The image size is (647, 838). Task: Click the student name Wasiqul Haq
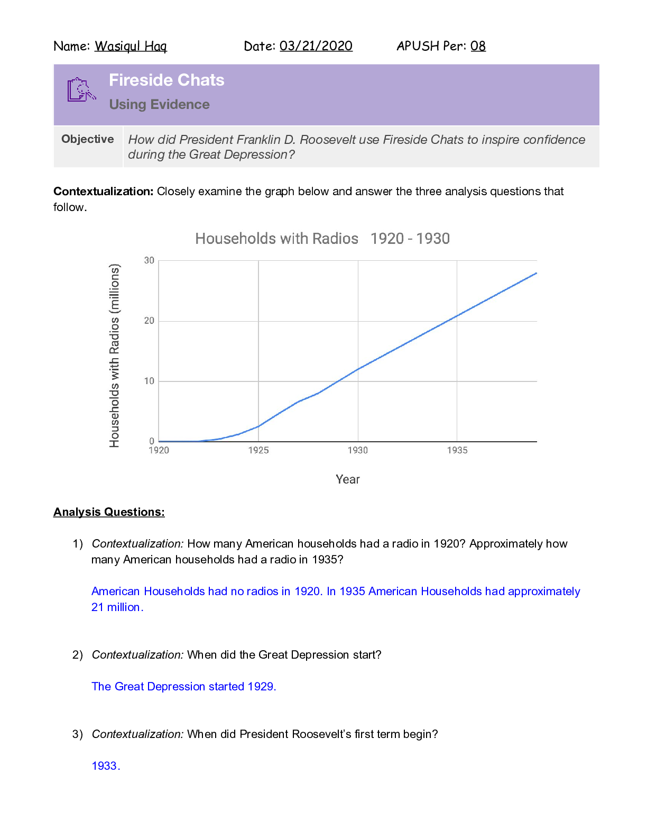(x=131, y=47)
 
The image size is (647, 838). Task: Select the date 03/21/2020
(x=316, y=47)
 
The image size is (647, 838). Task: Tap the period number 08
(x=478, y=47)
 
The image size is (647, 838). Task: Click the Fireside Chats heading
(x=167, y=80)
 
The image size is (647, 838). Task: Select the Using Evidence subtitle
(x=159, y=105)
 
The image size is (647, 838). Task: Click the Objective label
(x=88, y=139)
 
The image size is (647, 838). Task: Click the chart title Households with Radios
(x=276, y=239)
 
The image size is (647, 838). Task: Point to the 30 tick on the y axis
(x=150, y=260)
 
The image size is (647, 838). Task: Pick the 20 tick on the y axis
(x=150, y=321)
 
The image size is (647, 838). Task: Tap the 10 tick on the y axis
(x=150, y=381)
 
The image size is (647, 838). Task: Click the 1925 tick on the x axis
(x=258, y=450)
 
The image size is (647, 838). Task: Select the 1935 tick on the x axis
(x=457, y=450)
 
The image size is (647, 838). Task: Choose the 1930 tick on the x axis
(x=358, y=450)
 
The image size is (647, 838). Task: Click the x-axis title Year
(x=347, y=479)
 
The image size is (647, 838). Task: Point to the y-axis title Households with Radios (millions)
(x=115, y=356)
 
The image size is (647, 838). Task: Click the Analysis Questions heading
(x=109, y=512)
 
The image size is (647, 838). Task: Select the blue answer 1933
(x=105, y=766)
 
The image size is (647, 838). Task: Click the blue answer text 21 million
(x=116, y=607)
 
